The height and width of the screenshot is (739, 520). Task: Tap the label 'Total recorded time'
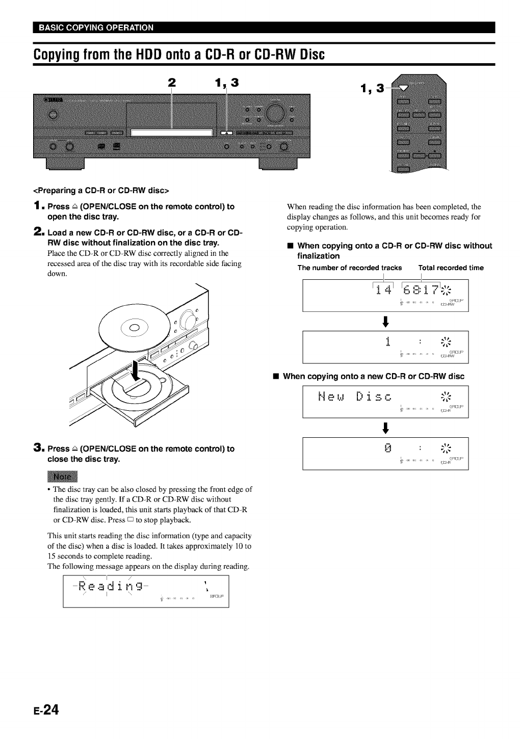[x=451, y=268]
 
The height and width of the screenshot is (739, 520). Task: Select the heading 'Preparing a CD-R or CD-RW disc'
[x=101, y=191]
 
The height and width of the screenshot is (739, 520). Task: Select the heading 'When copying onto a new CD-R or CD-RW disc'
[x=373, y=376]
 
